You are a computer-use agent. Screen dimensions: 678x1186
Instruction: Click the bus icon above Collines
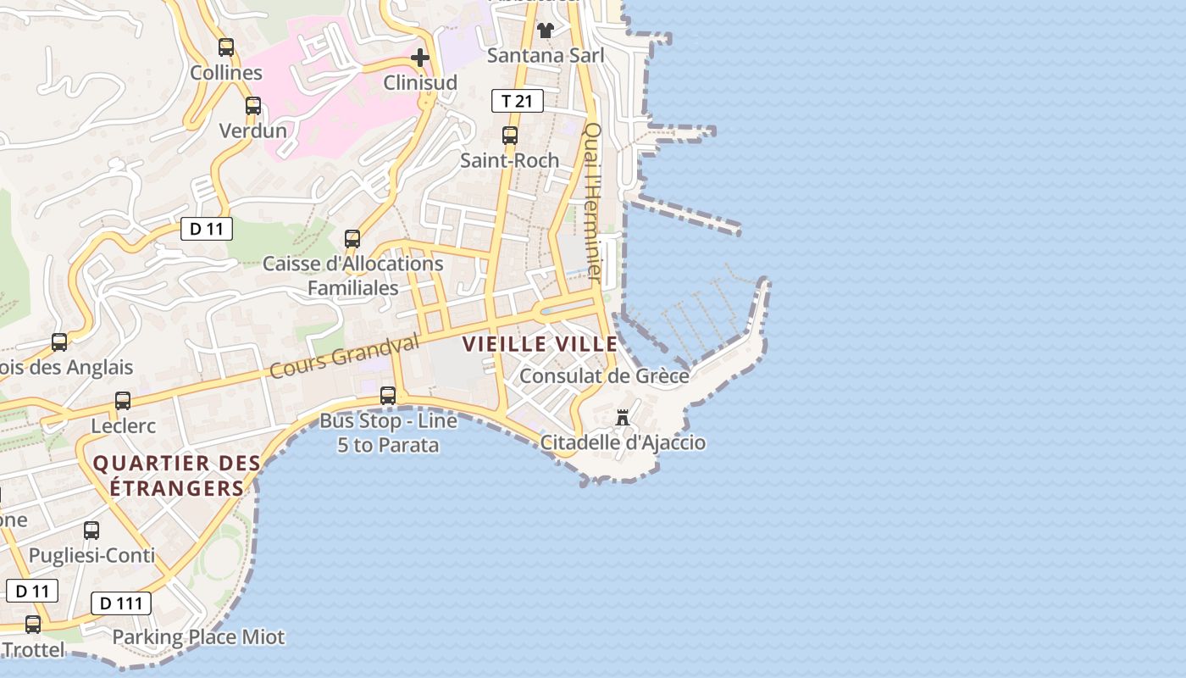click(226, 47)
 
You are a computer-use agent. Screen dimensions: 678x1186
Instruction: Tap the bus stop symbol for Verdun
click(253, 106)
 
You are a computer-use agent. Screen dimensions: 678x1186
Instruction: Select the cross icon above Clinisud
click(420, 58)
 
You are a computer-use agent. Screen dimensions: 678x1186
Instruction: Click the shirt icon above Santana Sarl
click(546, 31)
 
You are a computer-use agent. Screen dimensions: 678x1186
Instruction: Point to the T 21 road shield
click(517, 102)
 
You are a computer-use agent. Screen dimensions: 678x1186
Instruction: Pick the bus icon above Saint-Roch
click(510, 136)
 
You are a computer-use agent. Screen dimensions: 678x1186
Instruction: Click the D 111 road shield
click(121, 603)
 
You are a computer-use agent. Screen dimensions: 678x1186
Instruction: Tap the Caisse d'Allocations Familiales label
click(352, 275)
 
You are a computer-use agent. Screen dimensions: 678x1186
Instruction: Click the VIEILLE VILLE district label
click(540, 344)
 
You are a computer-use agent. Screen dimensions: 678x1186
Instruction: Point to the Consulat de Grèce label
click(604, 375)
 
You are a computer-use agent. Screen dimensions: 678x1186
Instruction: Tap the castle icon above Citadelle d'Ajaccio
click(623, 418)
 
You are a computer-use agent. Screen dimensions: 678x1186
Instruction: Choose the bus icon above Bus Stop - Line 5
click(388, 395)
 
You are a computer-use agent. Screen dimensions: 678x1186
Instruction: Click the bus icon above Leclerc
click(123, 401)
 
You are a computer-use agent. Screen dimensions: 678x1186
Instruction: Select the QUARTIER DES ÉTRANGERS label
click(176, 475)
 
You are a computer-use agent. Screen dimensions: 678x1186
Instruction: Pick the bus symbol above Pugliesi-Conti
click(91, 531)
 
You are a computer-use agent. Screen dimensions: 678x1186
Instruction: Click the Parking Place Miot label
click(199, 636)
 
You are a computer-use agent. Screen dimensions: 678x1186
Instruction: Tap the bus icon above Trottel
click(33, 625)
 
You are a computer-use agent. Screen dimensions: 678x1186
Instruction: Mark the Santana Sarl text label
click(546, 56)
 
